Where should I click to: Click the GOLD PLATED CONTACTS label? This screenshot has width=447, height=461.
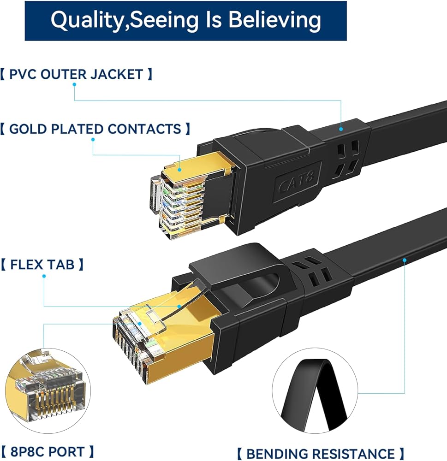point(95,129)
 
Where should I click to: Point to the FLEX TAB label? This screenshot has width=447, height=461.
point(42,265)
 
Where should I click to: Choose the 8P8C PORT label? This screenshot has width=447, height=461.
point(48,451)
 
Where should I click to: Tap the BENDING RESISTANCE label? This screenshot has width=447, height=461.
point(321,454)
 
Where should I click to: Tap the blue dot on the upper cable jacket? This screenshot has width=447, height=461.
point(341,129)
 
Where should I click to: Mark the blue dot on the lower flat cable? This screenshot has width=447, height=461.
point(405,260)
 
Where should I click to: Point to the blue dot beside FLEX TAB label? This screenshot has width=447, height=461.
point(44,277)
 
